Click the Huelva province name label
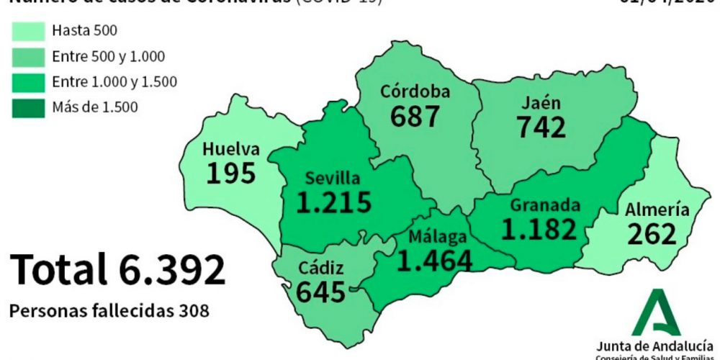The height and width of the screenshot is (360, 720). point(230,150)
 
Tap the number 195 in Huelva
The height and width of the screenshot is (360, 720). point(230,173)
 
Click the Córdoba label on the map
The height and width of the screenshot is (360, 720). point(415,91)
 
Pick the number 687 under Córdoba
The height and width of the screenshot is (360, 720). point(415,115)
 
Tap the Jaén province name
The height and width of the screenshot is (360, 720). point(542,102)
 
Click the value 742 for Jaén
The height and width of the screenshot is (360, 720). point(541,126)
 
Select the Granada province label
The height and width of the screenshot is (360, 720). point(545,205)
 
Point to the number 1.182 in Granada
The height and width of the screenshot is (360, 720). point(540,229)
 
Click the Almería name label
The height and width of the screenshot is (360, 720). point(657,210)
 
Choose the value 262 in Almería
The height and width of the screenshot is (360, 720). point(652,234)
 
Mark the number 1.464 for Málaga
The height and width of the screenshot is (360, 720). point(435,260)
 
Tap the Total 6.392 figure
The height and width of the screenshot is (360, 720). point(117,269)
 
